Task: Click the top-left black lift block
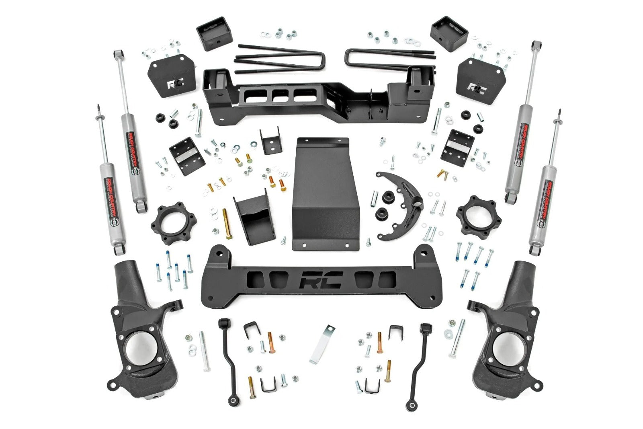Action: tap(215, 34)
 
